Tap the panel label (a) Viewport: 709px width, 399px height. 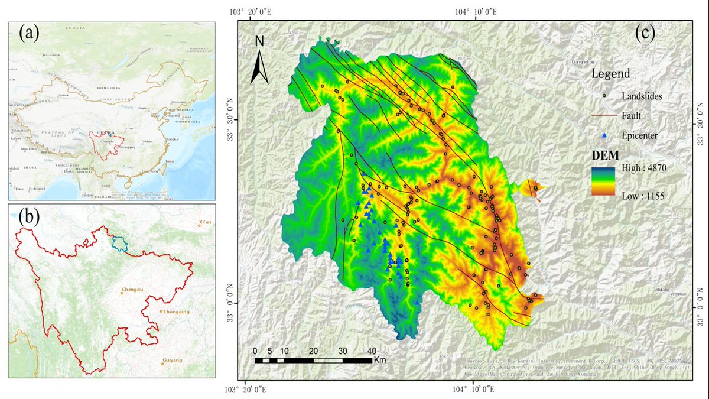click(x=30, y=33)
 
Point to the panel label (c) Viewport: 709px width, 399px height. click(x=645, y=33)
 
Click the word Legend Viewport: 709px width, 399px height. click(x=610, y=74)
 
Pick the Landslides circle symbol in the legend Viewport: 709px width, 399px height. click(x=604, y=95)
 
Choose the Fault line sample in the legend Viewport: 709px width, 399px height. click(x=604, y=115)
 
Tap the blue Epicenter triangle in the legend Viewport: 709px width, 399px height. click(x=604, y=136)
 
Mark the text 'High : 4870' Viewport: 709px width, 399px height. click(x=642, y=168)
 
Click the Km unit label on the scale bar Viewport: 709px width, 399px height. click(x=379, y=359)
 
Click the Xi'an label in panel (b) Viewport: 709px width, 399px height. click(x=205, y=222)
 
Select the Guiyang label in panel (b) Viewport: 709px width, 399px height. click(x=172, y=360)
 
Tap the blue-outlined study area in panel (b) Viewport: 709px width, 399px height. click(x=120, y=242)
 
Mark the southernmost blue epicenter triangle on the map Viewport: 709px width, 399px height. click(x=417, y=303)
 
